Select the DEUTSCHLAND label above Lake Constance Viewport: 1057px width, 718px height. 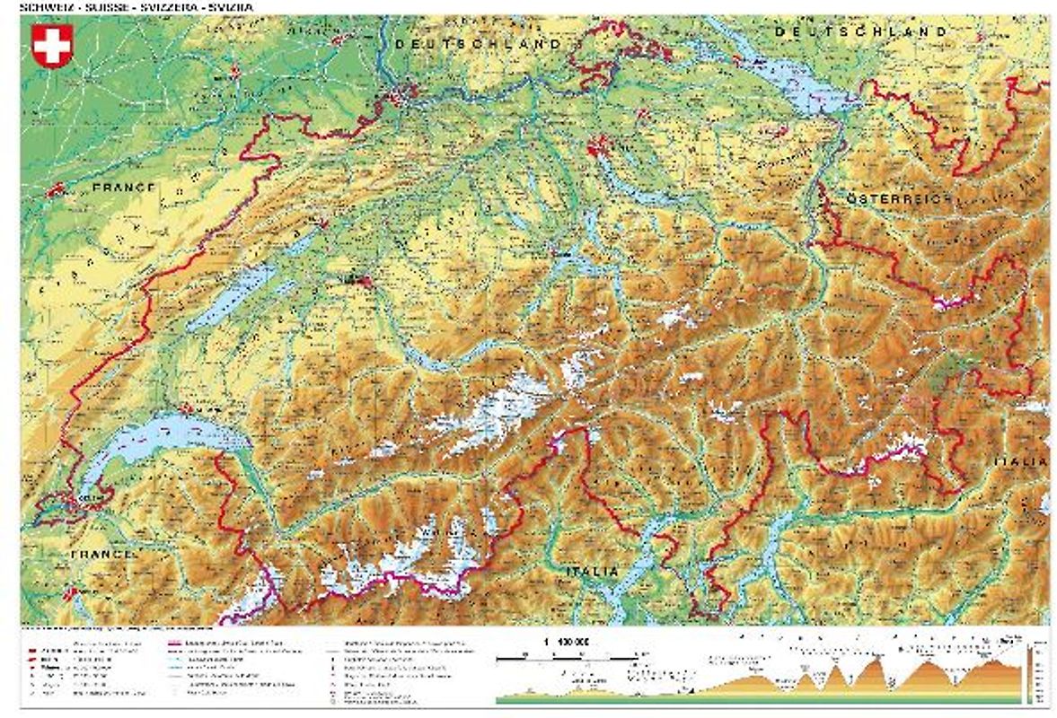pyautogui.click(x=860, y=31)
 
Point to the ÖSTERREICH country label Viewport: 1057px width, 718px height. pyautogui.click(x=898, y=197)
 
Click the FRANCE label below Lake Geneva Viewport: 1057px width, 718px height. pyautogui.click(x=103, y=555)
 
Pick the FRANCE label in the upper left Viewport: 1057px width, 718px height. pyautogui.click(x=123, y=188)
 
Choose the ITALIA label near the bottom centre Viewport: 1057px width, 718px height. pyautogui.click(x=592, y=572)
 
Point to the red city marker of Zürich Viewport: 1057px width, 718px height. pyautogui.click(x=599, y=145)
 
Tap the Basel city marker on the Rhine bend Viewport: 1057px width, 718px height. pyautogui.click(x=401, y=92)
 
